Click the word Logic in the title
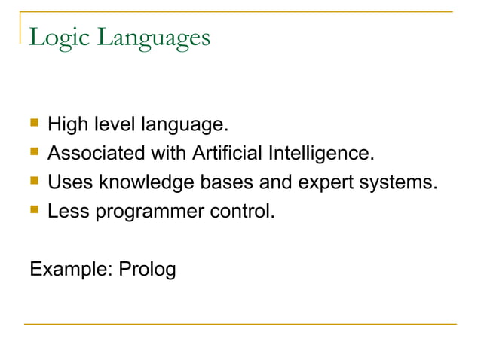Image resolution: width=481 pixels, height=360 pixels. coord(55,37)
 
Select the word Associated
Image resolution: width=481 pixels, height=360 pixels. coord(97,154)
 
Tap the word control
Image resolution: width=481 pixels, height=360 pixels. coord(241,212)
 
